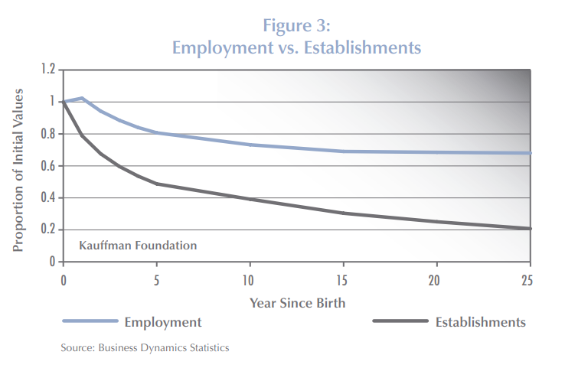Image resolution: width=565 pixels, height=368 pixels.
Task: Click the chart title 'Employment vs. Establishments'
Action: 297,47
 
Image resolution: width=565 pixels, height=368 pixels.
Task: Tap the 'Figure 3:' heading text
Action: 297,24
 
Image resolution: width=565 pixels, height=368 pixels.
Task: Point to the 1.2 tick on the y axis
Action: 48,70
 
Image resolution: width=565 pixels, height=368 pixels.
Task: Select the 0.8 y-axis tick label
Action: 48,134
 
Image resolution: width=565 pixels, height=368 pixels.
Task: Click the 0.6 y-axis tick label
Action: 48,166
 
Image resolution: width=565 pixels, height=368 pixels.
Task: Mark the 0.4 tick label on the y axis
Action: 48,198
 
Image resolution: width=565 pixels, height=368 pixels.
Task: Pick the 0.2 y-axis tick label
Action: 48,230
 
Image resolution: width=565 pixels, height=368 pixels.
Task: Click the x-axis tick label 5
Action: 157,278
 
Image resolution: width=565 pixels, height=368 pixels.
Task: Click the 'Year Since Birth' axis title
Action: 297,302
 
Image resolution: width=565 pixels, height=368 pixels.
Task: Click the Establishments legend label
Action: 481,322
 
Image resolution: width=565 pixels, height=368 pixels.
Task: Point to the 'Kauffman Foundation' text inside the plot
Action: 138,246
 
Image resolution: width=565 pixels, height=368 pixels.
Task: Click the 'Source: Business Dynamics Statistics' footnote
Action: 145,348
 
